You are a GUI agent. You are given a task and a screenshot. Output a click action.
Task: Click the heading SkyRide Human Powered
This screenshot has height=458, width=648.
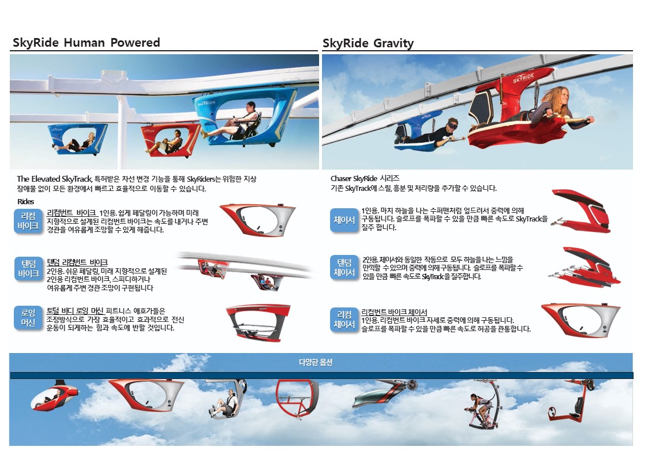[86, 43]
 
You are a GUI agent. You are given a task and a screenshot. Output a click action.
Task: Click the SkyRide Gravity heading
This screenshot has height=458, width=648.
[368, 43]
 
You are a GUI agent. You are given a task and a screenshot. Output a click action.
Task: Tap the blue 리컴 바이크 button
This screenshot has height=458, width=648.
[28, 221]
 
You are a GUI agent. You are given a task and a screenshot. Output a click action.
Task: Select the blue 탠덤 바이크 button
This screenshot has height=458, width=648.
[28, 268]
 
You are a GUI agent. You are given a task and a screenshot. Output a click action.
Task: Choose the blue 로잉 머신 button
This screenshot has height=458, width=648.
[28, 318]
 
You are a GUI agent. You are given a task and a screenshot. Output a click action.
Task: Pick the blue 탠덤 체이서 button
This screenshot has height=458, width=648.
[344, 268]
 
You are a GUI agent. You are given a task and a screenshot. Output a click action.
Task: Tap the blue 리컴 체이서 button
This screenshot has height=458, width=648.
[344, 320]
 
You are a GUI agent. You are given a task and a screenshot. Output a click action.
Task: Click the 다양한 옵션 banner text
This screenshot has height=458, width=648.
[316, 362]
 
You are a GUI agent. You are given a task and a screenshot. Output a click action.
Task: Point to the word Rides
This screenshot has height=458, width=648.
[25, 201]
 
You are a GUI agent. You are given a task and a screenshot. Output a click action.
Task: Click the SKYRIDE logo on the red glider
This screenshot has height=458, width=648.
[523, 78]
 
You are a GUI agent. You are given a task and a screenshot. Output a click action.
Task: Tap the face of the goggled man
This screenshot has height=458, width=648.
[452, 125]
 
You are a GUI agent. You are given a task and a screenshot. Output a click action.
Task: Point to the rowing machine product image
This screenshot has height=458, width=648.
[259, 323]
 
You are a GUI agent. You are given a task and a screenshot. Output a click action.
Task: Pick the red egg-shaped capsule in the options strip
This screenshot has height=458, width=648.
[54, 397]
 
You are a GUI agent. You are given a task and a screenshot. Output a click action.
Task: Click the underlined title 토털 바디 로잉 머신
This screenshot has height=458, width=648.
[75, 310]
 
